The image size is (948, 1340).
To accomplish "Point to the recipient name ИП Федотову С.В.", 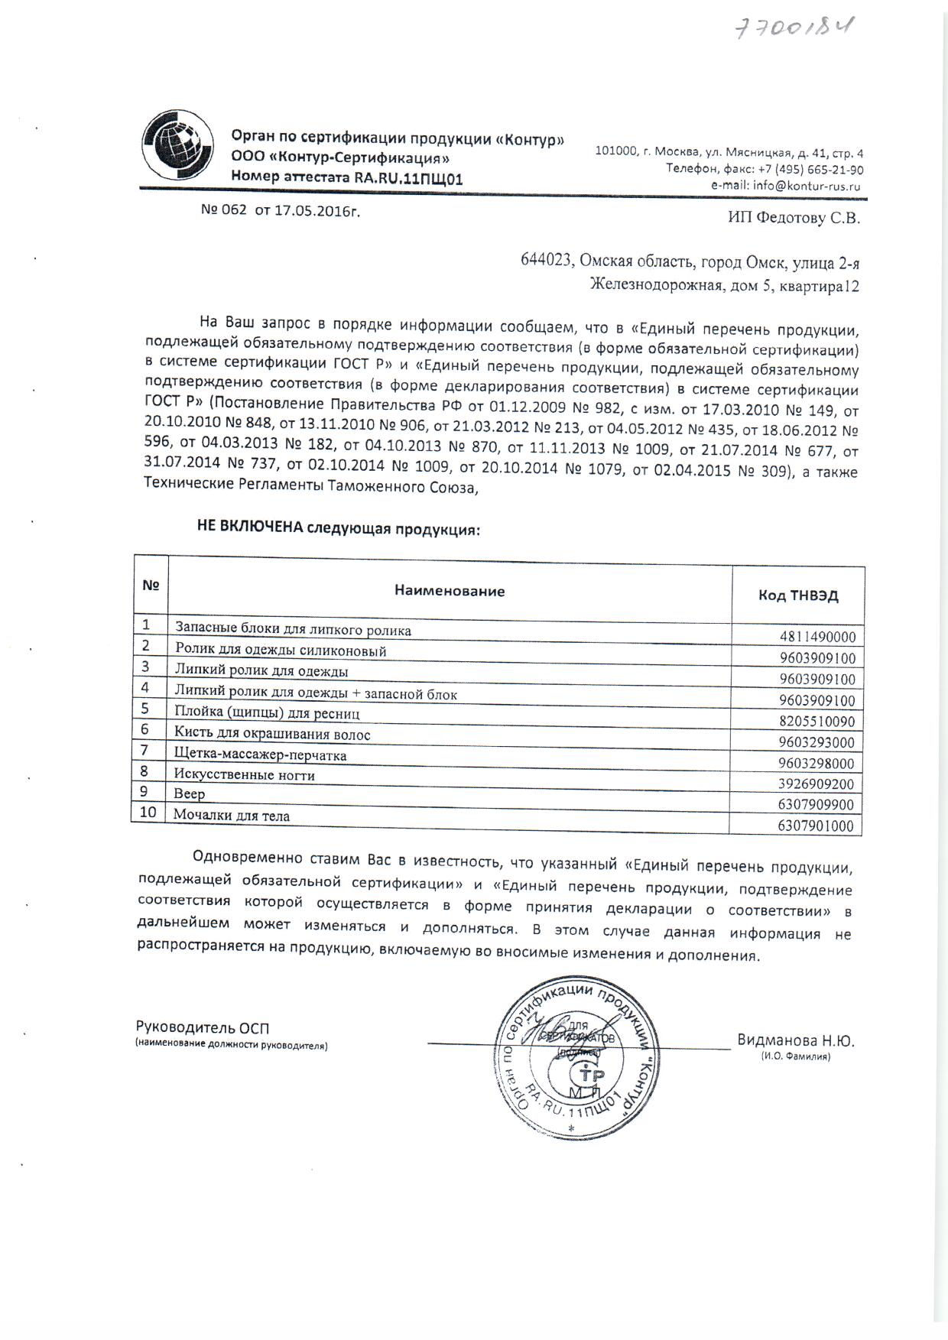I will click(793, 218).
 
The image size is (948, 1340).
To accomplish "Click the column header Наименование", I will click(450, 591).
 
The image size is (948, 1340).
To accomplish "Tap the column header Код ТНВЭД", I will click(798, 595).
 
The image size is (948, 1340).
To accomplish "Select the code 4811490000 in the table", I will click(817, 637).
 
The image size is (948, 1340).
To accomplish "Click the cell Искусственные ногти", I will click(245, 775).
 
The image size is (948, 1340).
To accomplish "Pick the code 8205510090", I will click(817, 721).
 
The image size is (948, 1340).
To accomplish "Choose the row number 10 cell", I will click(148, 812).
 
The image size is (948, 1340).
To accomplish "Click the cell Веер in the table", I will click(190, 794).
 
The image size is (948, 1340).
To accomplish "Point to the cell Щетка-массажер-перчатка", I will click(261, 755).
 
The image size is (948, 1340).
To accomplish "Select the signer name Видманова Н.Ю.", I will click(795, 1040).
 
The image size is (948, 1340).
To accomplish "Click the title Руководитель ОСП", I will click(203, 1028).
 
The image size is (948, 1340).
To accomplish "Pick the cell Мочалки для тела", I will click(232, 816).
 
